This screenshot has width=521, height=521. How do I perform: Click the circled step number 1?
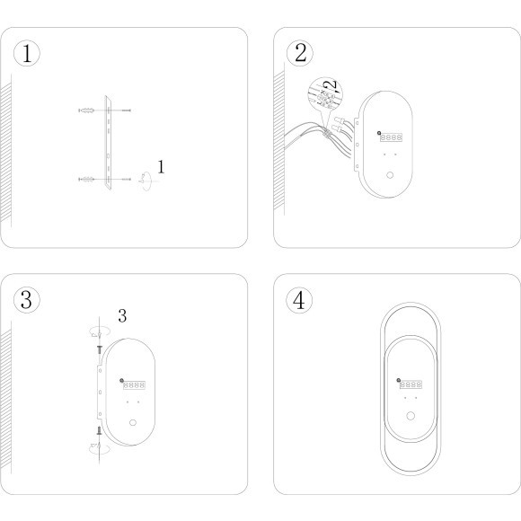coord(27,53)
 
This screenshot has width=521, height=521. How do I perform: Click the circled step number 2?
coord(300,53)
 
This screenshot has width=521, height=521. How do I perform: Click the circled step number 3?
coord(27,300)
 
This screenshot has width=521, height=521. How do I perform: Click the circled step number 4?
coord(299,300)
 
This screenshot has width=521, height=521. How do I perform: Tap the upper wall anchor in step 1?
coord(86,110)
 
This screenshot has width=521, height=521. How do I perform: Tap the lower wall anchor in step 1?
coord(86,180)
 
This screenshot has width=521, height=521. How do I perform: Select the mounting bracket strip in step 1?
coord(108,143)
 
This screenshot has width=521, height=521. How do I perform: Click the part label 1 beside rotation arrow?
coord(161,167)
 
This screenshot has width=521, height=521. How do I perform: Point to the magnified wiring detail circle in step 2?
coord(325,94)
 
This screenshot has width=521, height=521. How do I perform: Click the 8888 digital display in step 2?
coord(391,137)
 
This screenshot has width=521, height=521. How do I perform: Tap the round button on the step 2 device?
coord(390,175)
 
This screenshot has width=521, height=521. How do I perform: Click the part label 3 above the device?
coord(122,315)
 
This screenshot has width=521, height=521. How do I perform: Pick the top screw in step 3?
coord(99,349)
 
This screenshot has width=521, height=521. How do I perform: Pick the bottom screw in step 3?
coord(99,430)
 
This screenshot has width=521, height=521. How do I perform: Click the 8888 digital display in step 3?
coord(134,384)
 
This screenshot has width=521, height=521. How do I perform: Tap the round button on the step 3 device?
coord(133,423)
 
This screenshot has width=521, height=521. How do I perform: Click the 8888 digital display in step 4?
coord(411,384)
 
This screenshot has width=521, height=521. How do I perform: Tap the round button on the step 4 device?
coord(411,416)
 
